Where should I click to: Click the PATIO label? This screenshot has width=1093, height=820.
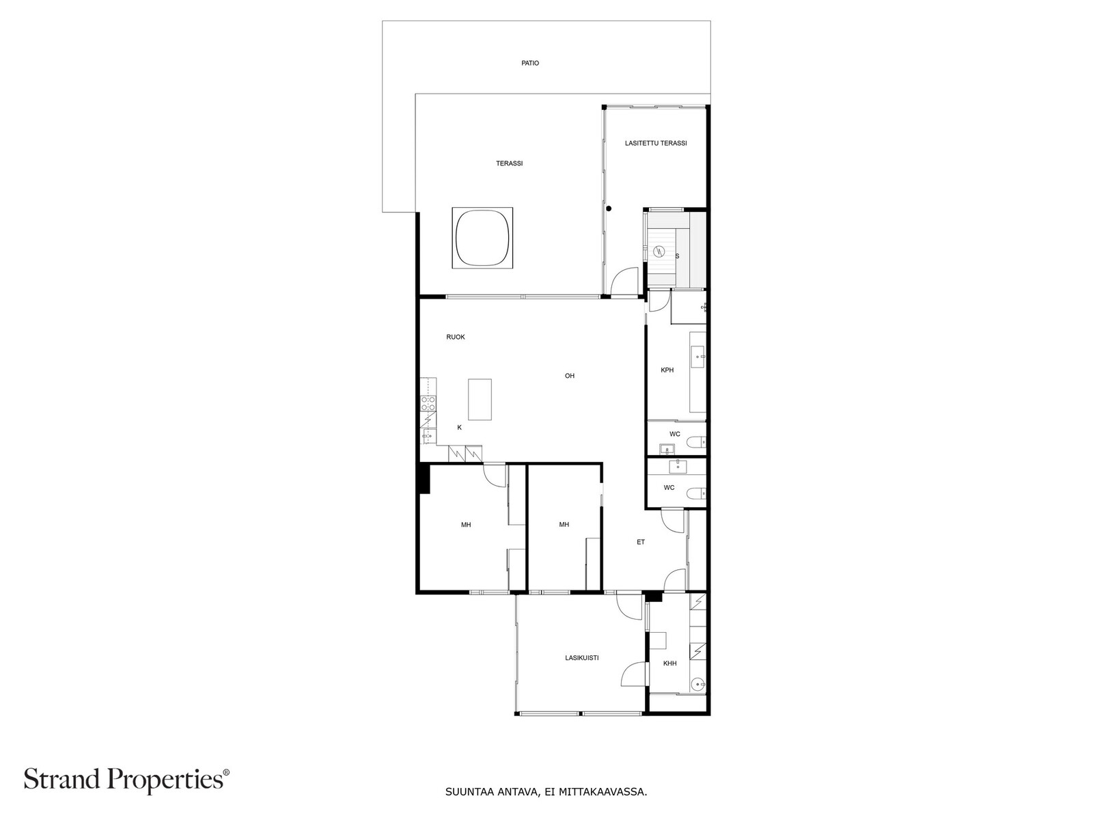pyautogui.click(x=530, y=63)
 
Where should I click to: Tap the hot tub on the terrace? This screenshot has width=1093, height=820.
pyautogui.click(x=482, y=238)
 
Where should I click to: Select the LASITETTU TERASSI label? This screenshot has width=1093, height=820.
pyautogui.click(x=655, y=143)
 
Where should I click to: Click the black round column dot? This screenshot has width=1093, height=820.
pyautogui.click(x=609, y=208)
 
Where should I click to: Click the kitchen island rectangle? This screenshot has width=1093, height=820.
pyautogui.click(x=480, y=400)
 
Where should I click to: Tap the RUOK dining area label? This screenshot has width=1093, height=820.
pyautogui.click(x=456, y=337)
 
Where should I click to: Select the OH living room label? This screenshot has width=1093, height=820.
pyautogui.click(x=569, y=376)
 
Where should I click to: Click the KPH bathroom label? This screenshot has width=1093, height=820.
pyautogui.click(x=667, y=370)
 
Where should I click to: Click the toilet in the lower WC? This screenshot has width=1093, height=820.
pyautogui.click(x=695, y=493)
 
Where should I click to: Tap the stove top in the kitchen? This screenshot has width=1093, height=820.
pyautogui.click(x=428, y=403)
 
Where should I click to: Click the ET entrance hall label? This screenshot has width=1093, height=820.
pyautogui.click(x=641, y=542)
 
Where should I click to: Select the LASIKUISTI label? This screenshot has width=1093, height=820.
pyautogui.click(x=582, y=658)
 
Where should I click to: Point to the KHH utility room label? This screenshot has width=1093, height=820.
pyautogui.click(x=669, y=664)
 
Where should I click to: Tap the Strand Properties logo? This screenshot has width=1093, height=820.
pyautogui.click(x=126, y=780)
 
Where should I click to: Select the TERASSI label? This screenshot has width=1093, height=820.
pyautogui.click(x=509, y=163)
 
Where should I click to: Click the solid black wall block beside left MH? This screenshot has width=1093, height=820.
pyautogui.click(x=424, y=478)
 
